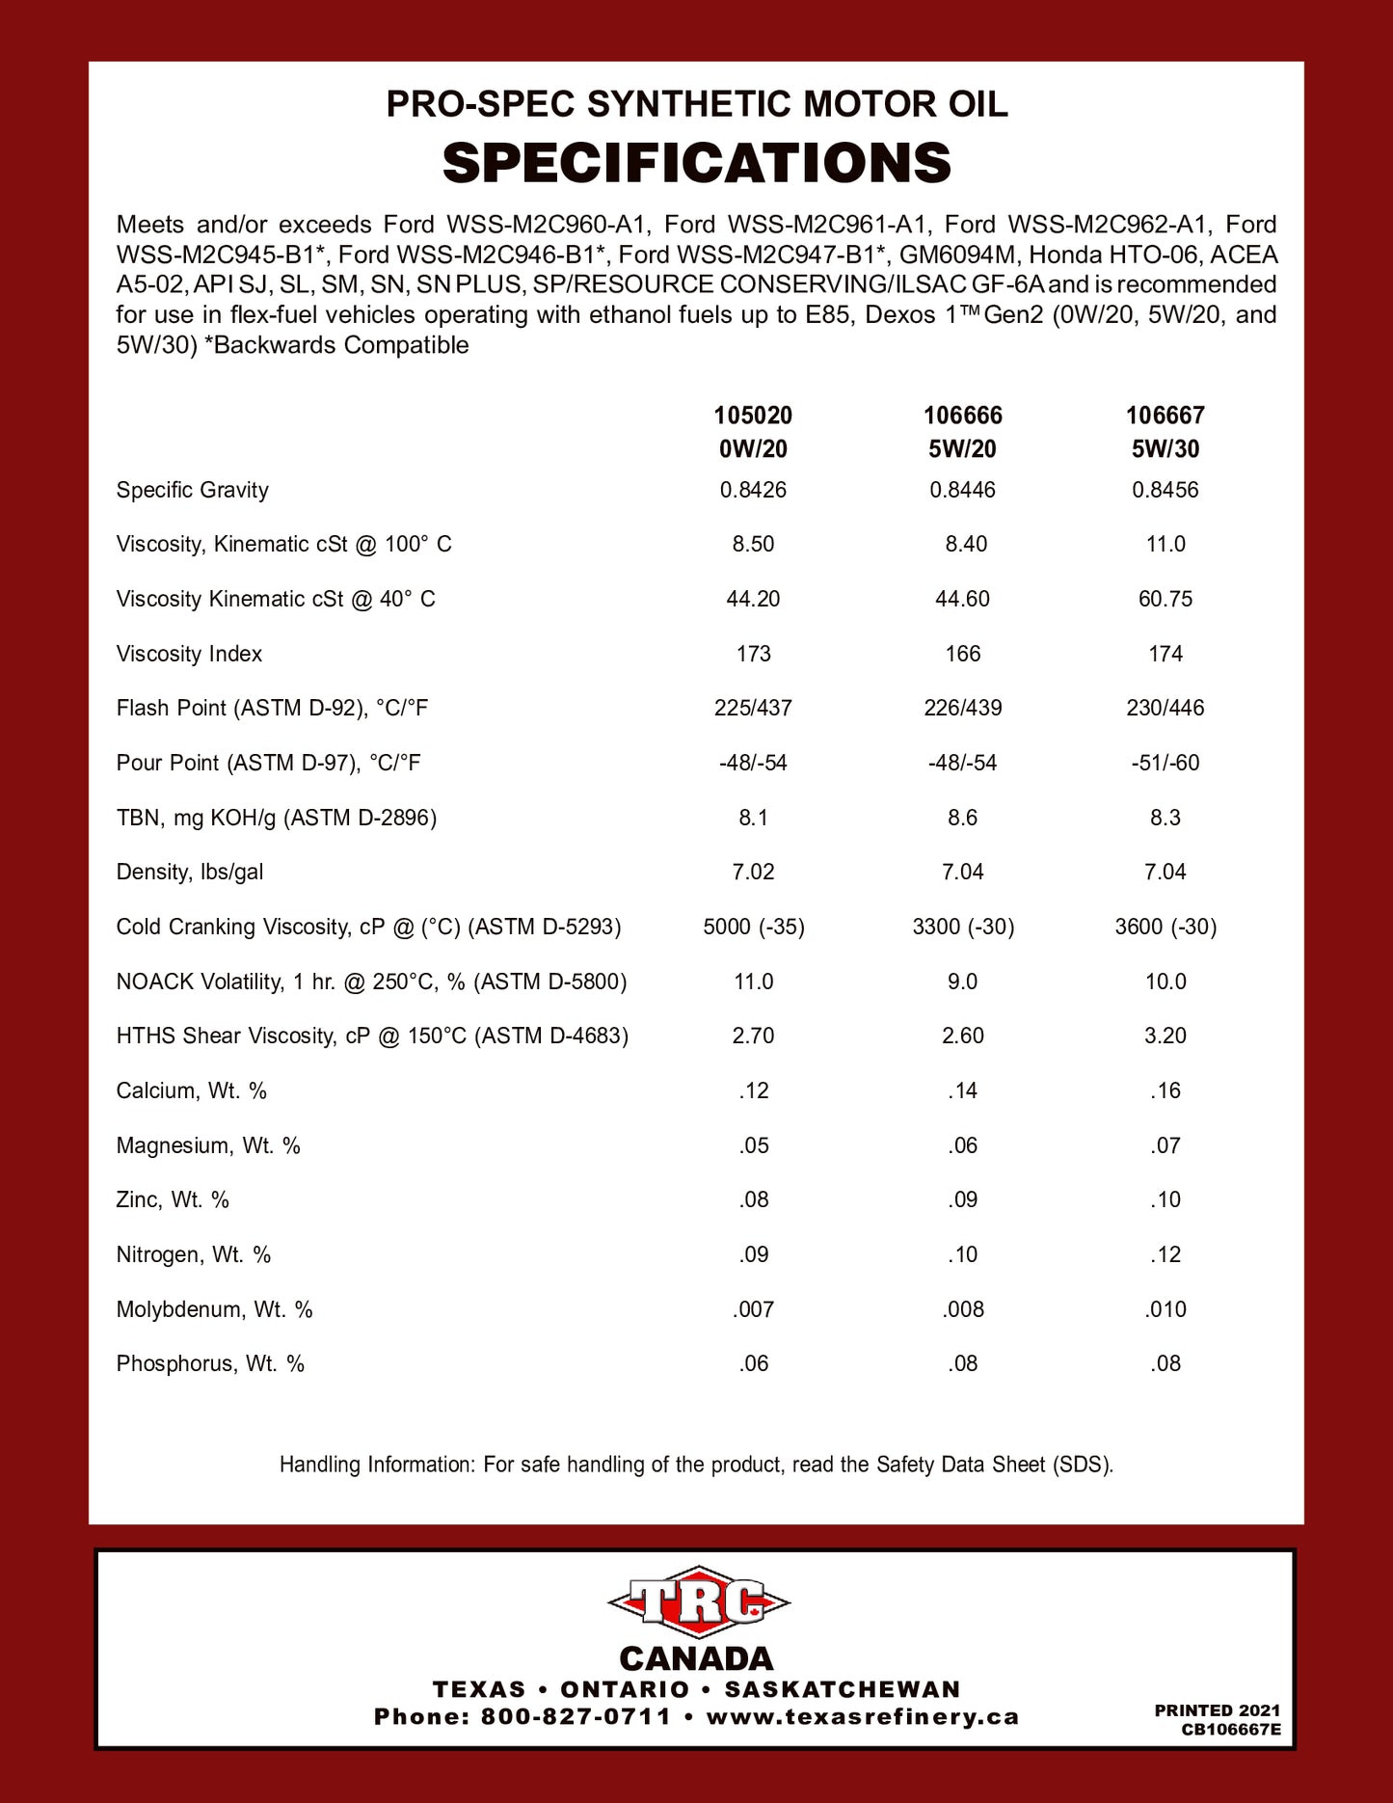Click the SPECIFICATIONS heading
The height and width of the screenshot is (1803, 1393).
pos(696,163)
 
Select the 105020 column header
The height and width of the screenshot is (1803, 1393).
pos(753,416)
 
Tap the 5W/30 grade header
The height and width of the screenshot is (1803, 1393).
pos(1165,448)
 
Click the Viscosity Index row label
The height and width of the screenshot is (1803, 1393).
pos(189,654)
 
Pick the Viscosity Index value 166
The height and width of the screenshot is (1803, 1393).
pos(962,654)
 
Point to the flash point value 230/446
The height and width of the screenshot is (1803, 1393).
pos(1165,708)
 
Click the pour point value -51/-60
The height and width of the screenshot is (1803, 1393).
pos(1165,763)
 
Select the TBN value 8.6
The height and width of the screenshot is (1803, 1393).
pos(962,818)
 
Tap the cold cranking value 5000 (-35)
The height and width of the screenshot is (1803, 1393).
pos(753,927)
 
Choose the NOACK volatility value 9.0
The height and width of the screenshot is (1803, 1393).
pos(962,982)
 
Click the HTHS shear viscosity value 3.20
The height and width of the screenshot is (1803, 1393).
pos(1165,1036)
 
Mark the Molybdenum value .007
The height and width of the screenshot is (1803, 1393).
pos(753,1309)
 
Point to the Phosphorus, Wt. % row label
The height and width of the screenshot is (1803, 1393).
pos(210,1363)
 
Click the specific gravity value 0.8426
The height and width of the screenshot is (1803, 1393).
pos(753,490)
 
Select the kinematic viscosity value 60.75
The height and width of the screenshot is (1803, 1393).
pos(1165,599)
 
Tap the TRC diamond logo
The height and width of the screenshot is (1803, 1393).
pos(698,1602)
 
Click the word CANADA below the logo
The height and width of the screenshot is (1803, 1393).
pos(696,1658)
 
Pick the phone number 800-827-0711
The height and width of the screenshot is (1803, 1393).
pos(576,1717)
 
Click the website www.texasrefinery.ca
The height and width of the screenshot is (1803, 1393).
pos(862,1717)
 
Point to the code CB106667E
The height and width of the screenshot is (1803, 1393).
pos(1231,1730)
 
